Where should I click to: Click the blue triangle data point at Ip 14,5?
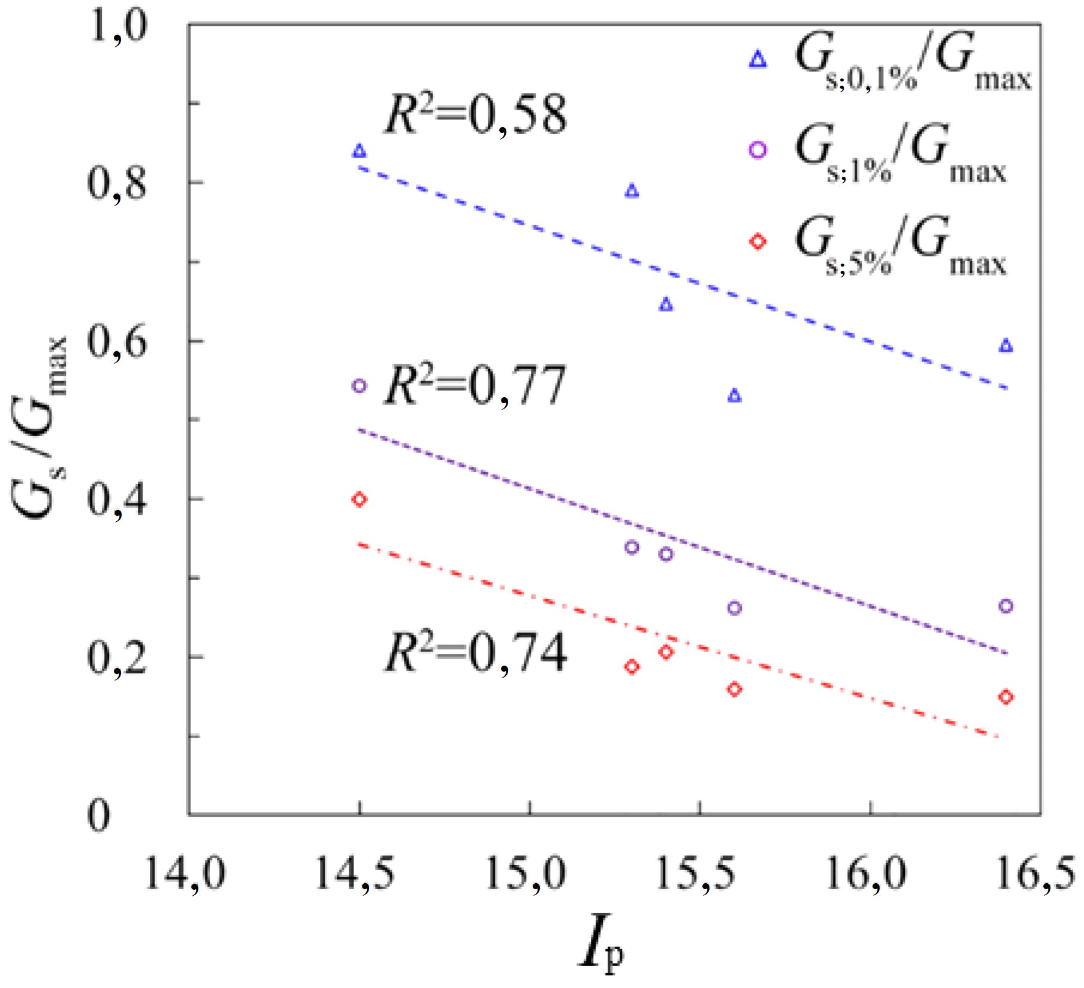359,151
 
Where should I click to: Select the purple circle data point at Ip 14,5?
359,385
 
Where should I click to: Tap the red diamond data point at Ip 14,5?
359,499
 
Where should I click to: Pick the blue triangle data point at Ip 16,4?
1006,346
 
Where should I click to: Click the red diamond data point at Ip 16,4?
1006,697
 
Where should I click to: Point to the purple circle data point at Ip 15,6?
734,608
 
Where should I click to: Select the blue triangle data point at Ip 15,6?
734,396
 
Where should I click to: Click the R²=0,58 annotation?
475,114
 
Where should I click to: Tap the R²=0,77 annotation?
475,385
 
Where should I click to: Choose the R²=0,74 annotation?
475,653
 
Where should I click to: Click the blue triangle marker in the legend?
758,59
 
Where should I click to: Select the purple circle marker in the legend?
758,150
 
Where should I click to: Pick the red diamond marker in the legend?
758,241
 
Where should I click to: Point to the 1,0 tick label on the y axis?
117,27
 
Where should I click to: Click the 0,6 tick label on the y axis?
117,343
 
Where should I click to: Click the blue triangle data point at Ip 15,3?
632,191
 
